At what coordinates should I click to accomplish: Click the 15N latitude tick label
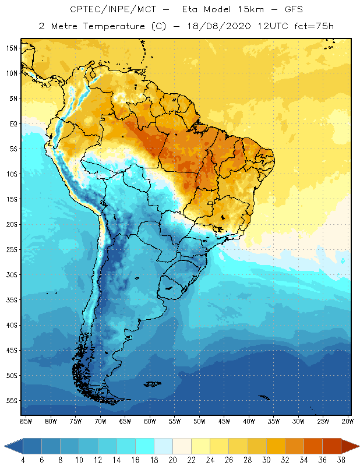pyautogui.click(x=12, y=48)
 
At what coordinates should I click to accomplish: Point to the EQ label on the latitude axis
pyautogui.click(x=12, y=123)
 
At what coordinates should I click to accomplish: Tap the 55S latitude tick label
pyautogui.click(x=12, y=401)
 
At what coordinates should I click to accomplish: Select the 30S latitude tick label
pyautogui.click(x=12, y=274)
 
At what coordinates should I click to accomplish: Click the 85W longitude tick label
pyautogui.click(x=26, y=421)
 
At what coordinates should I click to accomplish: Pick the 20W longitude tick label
pyautogui.click(x=347, y=421)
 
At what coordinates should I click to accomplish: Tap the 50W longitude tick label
pyautogui.click(x=199, y=421)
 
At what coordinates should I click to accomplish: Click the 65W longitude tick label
pyautogui.click(x=125, y=421)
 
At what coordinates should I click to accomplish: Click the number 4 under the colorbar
pyautogui.click(x=23, y=460)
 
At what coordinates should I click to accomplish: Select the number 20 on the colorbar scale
pyautogui.click(x=172, y=460)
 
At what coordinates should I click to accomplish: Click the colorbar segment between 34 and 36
pyautogui.click(x=313, y=446)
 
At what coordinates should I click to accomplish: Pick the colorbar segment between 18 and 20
pyautogui.click(x=163, y=446)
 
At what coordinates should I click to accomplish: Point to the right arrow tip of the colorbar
pyautogui.click(x=357, y=446)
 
